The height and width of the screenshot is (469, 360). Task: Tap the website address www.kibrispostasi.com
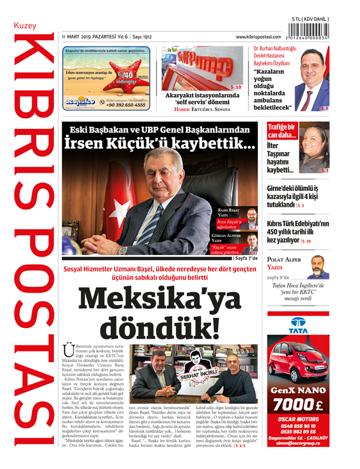262,37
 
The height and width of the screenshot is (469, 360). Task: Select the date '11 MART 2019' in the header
79,37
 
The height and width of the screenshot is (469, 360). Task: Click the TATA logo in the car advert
298,325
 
